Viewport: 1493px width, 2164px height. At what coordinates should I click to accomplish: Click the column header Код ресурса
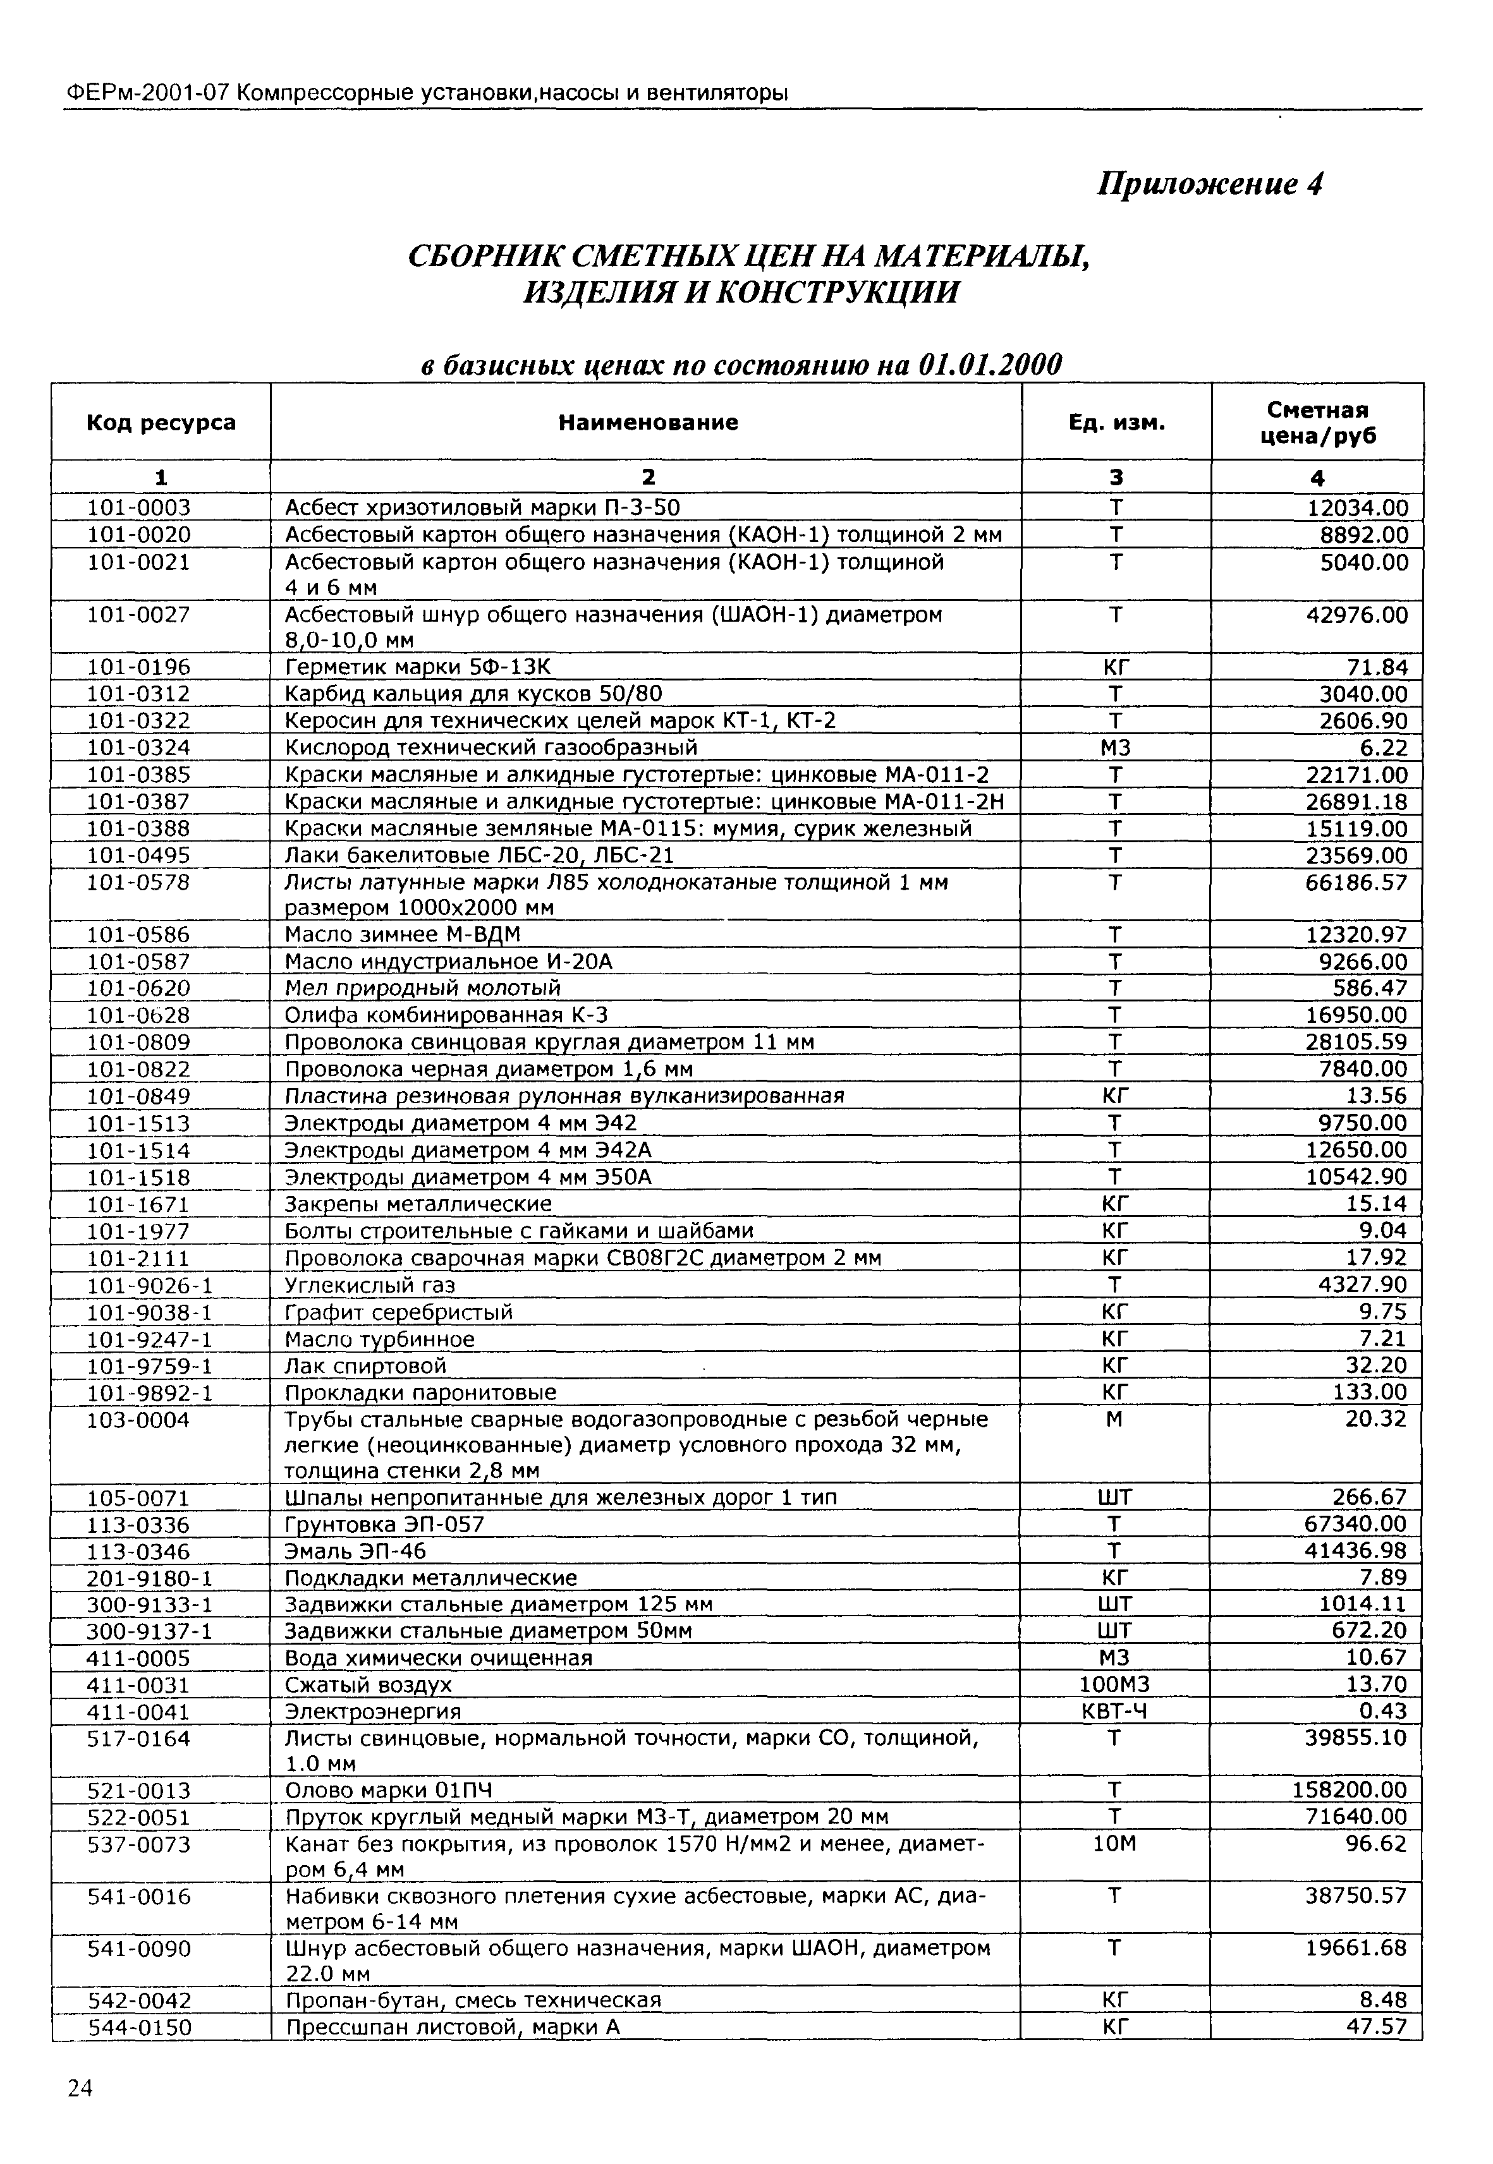pos(161,423)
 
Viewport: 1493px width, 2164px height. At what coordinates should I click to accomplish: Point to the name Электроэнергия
pos(372,1712)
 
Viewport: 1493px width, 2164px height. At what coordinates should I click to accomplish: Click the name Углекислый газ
pos(370,1285)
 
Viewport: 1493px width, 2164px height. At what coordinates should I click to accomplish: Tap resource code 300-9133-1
pos(150,1605)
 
